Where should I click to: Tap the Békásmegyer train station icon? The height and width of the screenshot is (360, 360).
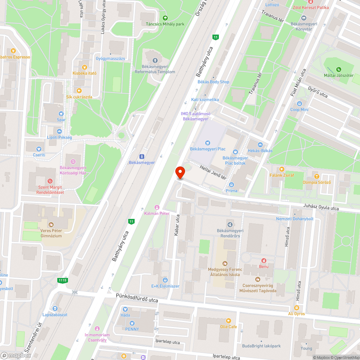[x=142, y=156]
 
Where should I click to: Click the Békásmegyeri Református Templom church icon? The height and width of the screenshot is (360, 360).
[x=155, y=60]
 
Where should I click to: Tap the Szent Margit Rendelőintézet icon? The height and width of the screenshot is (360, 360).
[x=50, y=181]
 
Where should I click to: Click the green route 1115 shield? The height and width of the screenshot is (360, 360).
[x=62, y=280]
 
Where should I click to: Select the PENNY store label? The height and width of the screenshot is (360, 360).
[x=132, y=329]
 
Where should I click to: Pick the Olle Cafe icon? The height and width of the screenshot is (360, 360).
[x=228, y=321]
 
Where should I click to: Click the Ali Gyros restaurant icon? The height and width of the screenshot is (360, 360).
[x=296, y=308]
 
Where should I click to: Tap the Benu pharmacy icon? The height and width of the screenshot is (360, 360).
[x=264, y=260]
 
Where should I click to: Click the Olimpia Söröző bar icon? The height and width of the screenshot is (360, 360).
[x=316, y=176]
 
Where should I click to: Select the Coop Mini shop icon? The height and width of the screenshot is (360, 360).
[x=300, y=104]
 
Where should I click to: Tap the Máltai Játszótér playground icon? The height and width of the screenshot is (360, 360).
[x=338, y=69]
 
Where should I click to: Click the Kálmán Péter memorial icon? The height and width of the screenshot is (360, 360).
[x=157, y=207]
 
